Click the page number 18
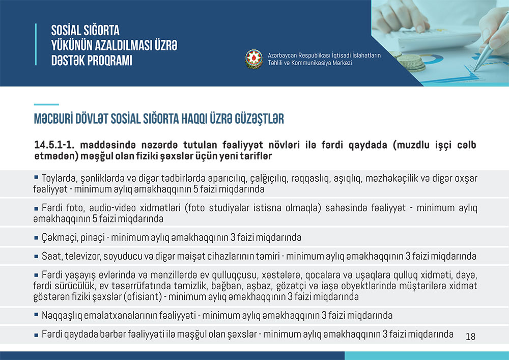(470, 337)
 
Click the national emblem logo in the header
(253, 59)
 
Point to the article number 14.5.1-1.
(54, 145)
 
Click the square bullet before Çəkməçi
(36, 238)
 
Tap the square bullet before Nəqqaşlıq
(36, 315)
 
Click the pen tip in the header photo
(475, 70)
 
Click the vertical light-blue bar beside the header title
(36, 44)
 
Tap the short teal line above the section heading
(46, 104)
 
